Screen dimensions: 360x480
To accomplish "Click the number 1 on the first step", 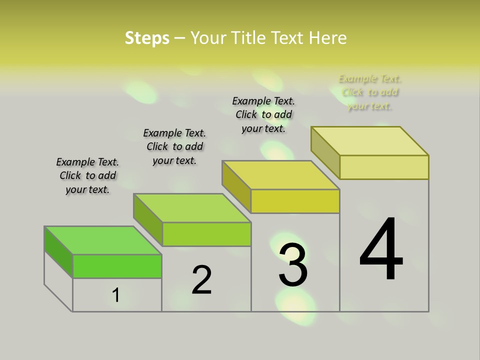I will point(116,295).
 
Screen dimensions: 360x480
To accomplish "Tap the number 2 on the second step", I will point(202,280).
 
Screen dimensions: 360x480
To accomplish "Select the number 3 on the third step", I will point(293,265).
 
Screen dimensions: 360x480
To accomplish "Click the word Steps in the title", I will point(147,38).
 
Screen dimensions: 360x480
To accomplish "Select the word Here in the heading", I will point(328,38).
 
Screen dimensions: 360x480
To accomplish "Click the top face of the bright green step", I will point(103,240).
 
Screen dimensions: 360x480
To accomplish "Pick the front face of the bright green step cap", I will point(117,266).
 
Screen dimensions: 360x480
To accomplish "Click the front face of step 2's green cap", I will point(206,234).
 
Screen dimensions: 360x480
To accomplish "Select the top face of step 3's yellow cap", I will point(280,175).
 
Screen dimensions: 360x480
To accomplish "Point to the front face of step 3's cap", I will point(295,201).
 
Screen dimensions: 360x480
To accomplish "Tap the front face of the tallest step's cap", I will point(384,167).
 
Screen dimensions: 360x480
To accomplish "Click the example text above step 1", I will point(87,175).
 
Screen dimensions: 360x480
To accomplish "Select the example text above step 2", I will point(174,146).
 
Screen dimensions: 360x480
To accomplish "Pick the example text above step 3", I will point(263,114).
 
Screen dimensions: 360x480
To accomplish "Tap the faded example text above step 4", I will point(370,92).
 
